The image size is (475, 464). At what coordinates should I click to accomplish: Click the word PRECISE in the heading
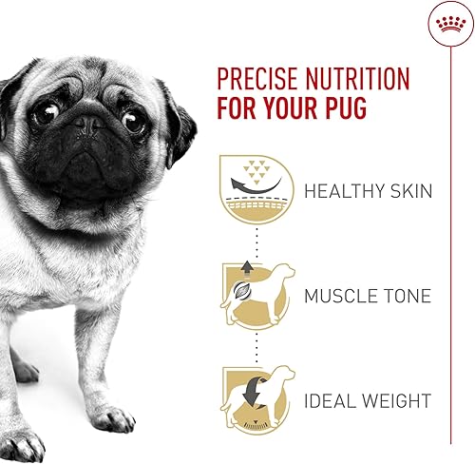(x=258, y=79)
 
